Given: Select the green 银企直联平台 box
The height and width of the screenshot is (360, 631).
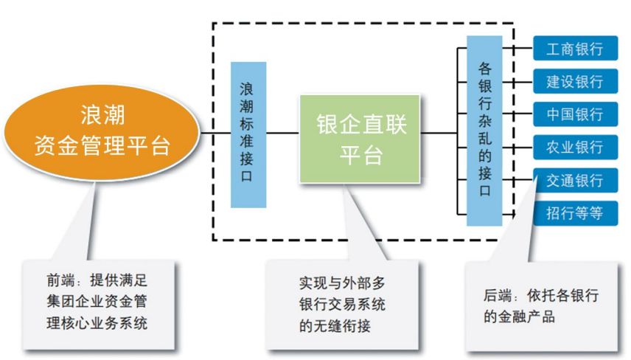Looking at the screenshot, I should coord(360,138).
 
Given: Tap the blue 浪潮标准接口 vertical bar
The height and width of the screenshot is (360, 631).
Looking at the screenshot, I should coord(248,134).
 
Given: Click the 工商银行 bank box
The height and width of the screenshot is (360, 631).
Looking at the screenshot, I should coord(575,50).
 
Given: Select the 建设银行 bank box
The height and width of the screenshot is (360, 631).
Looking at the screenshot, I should coord(575,82).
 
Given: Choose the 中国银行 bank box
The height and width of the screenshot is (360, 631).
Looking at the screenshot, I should coord(575,115).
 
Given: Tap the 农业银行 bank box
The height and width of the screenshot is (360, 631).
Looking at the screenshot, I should coord(575,148).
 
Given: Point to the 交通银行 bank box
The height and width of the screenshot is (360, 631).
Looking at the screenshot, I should coord(575,181).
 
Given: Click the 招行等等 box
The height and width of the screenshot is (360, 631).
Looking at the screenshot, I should coord(575,213).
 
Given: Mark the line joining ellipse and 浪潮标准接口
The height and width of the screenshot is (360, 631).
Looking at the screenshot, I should coord(215,134).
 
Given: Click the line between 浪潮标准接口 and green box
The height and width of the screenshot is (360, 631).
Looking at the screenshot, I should coord(282,134).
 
